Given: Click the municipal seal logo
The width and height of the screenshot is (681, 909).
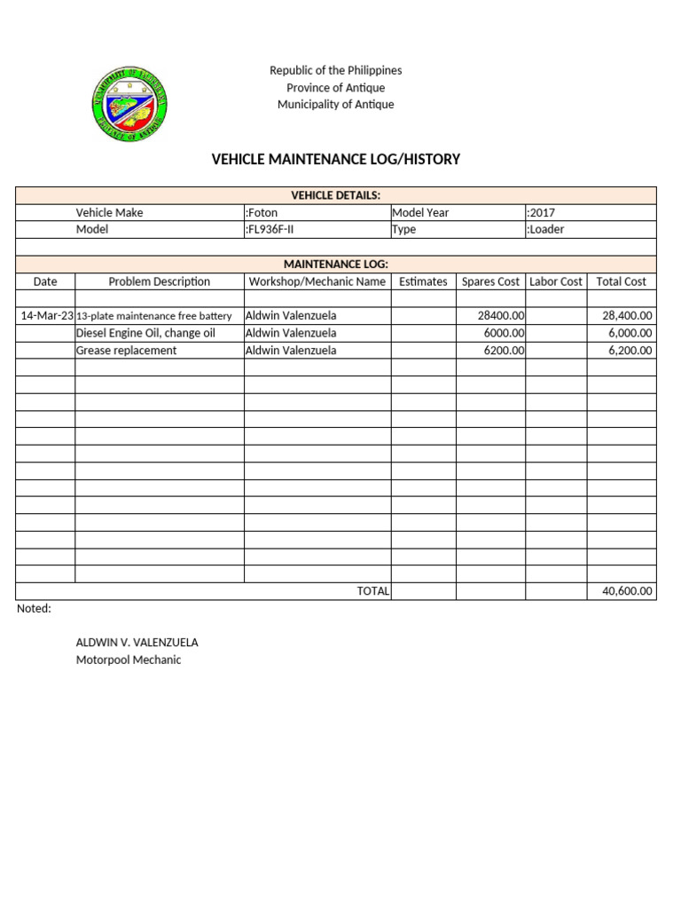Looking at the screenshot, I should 129,105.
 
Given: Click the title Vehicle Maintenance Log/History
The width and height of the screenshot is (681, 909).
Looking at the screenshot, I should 335,160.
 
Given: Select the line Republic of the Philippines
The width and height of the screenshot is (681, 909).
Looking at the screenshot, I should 335,70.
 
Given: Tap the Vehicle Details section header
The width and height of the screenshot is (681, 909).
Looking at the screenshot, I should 335,195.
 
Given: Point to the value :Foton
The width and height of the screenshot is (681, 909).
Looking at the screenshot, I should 261,213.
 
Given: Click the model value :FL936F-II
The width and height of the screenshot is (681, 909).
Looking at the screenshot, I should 270,229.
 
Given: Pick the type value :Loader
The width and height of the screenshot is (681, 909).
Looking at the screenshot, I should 545,229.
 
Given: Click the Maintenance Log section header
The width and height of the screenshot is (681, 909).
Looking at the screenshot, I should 335,265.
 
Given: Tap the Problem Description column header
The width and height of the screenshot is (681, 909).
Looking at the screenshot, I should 160,281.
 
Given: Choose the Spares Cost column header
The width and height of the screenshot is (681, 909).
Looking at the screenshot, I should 490,281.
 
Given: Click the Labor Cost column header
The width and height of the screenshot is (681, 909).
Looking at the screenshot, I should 556,281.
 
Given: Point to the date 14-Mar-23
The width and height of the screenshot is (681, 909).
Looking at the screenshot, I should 46,315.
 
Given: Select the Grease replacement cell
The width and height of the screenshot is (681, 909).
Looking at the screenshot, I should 126,350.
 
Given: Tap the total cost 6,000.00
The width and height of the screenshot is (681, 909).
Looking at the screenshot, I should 627,333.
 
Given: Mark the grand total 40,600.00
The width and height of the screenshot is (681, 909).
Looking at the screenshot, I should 627,591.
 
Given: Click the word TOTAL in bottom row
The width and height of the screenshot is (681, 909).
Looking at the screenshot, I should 372,591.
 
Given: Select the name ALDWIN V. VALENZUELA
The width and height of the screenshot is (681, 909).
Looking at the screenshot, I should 137,642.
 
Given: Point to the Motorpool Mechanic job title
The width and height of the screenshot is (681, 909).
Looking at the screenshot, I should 129,660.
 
